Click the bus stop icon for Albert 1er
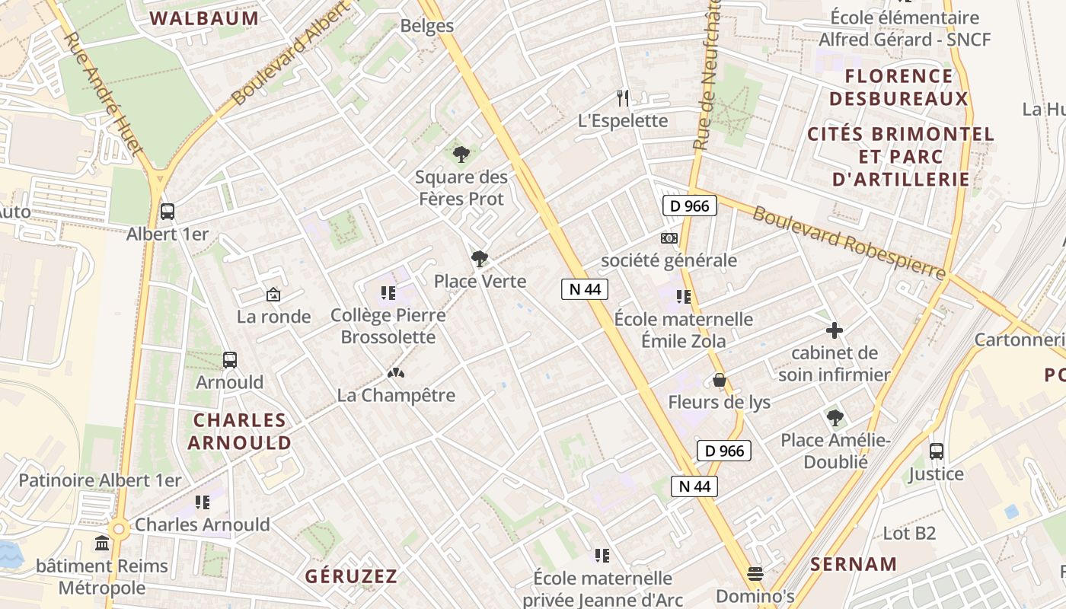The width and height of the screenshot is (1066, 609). pyautogui.click(x=168, y=212)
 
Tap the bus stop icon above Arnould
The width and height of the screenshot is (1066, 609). pyautogui.click(x=229, y=360)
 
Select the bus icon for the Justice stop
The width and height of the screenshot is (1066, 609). pyautogui.click(x=937, y=451)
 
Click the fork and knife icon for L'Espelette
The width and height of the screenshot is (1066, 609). pyautogui.click(x=623, y=97)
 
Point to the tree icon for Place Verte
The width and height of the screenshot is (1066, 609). pyautogui.click(x=479, y=260)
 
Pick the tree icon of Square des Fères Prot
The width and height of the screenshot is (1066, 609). pyautogui.click(x=461, y=155)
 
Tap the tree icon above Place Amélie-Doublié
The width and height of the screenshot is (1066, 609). pyautogui.click(x=835, y=417)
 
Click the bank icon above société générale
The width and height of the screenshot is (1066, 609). pyautogui.click(x=669, y=238)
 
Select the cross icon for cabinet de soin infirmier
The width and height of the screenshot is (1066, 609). pyautogui.click(x=835, y=330)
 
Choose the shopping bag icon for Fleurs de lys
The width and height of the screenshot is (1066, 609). pyautogui.click(x=719, y=380)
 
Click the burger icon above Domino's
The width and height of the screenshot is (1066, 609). pyautogui.click(x=755, y=573)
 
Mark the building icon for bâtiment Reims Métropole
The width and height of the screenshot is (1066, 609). pyautogui.click(x=102, y=544)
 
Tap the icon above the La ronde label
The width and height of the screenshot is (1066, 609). pyautogui.click(x=273, y=294)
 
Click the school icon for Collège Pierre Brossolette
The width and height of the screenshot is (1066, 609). pyautogui.click(x=388, y=292)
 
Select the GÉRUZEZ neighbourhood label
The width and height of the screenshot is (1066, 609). pyautogui.click(x=351, y=576)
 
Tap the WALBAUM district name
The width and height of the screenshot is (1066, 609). pyautogui.click(x=204, y=19)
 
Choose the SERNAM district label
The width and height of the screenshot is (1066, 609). pyautogui.click(x=854, y=564)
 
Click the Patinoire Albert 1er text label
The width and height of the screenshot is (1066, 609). pyautogui.click(x=100, y=480)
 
